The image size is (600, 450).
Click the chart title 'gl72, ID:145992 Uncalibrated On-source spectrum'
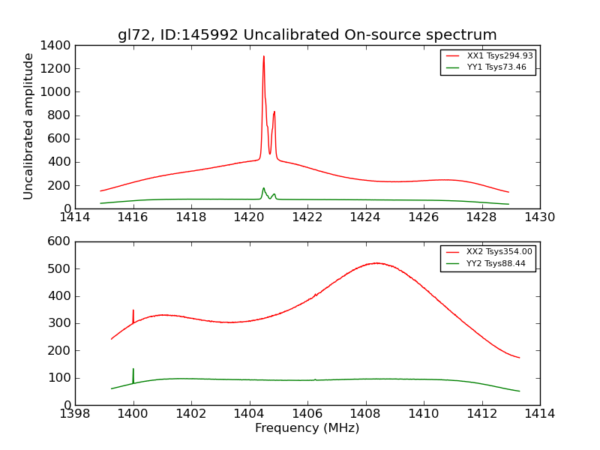click(x=307, y=34)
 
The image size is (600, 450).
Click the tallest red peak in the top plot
click(x=263, y=57)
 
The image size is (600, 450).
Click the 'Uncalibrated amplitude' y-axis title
click(x=28, y=126)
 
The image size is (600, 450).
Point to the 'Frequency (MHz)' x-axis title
click(x=307, y=428)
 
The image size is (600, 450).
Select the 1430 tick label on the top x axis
click(x=539, y=217)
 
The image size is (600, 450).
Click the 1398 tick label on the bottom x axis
click(x=75, y=414)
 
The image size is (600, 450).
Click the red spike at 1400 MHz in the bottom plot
click(x=133, y=311)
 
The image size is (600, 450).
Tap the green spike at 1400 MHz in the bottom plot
click(x=133, y=370)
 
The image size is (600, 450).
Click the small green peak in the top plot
click(x=263, y=188)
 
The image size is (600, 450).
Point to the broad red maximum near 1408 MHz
click(x=376, y=263)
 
